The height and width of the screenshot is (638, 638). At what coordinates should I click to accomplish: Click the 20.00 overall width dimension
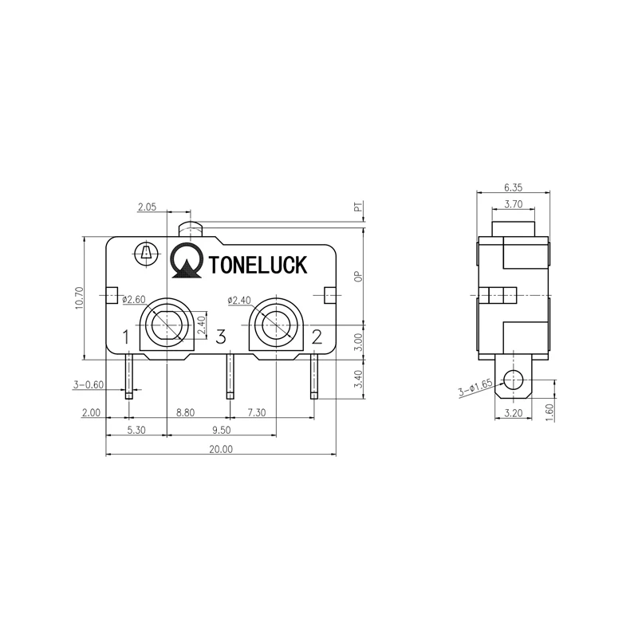(x=221, y=449)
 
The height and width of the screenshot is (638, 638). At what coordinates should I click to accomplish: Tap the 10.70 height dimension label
(x=78, y=299)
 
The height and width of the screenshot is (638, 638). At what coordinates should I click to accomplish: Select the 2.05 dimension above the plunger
(x=146, y=207)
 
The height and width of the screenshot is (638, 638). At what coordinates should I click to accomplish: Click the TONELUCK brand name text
(x=257, y=265)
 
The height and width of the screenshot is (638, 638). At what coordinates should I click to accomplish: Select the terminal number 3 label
(x=222, y=337)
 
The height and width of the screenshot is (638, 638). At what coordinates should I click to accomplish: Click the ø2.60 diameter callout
(x=133, y=300)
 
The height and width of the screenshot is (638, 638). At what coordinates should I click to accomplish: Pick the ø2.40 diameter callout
(x=239, y=300)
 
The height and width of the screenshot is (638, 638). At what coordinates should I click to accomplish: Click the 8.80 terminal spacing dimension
(x=185, y=412)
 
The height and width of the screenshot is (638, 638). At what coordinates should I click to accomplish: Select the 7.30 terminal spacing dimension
(x=257, y=412)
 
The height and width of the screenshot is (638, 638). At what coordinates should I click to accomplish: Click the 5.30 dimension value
(x=136, y=429)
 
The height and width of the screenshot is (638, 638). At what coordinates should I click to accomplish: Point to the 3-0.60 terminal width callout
(x=89, y=385)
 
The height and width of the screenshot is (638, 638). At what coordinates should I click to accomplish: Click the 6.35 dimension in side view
(x=513, y=187)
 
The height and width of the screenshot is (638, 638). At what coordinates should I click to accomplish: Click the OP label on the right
(x=359, y=276)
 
